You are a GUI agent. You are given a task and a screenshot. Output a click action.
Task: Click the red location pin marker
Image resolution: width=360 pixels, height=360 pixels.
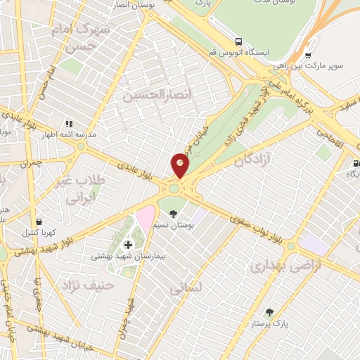[x=181, y=166]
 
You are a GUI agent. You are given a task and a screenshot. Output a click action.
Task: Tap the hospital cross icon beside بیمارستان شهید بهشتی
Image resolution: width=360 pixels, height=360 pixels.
[x=127, y=245]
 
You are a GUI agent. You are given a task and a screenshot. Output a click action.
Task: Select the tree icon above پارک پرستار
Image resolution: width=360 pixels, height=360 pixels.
[x=269, y=312]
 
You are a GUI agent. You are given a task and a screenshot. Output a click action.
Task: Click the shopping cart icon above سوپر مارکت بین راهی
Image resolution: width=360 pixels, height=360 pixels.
[x=308, y=55]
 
